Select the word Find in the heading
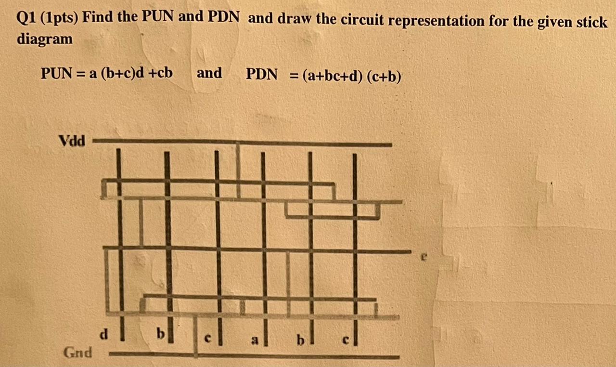[100, 19]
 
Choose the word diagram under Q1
[45, 39]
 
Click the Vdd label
[72, 141]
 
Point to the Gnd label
[78, 352]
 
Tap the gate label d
[103, 333]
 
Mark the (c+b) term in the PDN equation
[385, 76]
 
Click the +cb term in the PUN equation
[161, 73]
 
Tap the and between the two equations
[209, 73]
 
